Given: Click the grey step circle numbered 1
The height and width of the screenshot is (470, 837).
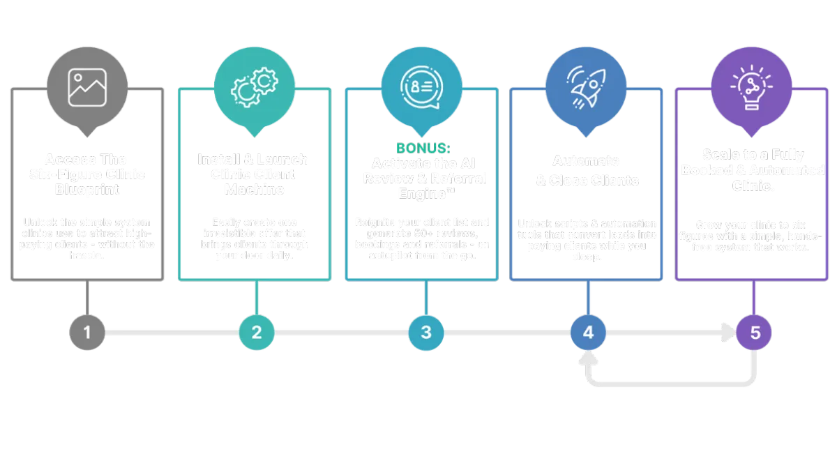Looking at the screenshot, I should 87,333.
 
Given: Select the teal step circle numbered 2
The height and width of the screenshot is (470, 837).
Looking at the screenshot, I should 256,333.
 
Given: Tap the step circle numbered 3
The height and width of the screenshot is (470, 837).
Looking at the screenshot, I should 425,333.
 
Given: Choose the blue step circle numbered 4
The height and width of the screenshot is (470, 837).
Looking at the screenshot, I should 587,333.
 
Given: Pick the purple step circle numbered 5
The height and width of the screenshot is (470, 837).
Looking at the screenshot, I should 755,333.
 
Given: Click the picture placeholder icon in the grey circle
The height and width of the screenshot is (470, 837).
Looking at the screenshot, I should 87,87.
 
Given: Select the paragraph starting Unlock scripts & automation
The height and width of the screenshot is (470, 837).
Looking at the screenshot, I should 587,239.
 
